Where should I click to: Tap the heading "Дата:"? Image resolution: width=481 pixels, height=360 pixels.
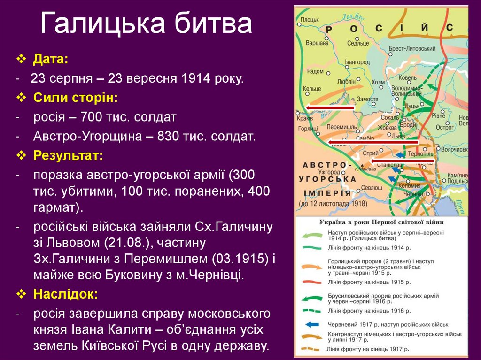(50, 60)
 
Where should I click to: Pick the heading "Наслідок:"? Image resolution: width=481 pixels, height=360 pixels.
(65, 295)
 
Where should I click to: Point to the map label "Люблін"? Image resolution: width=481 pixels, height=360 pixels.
(346, 81)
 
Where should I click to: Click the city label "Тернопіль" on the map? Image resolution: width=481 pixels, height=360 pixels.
(420, 154)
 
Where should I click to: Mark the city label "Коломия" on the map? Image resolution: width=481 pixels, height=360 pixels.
(409, 185)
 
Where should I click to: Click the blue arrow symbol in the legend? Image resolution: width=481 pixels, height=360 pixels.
(311, 324)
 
